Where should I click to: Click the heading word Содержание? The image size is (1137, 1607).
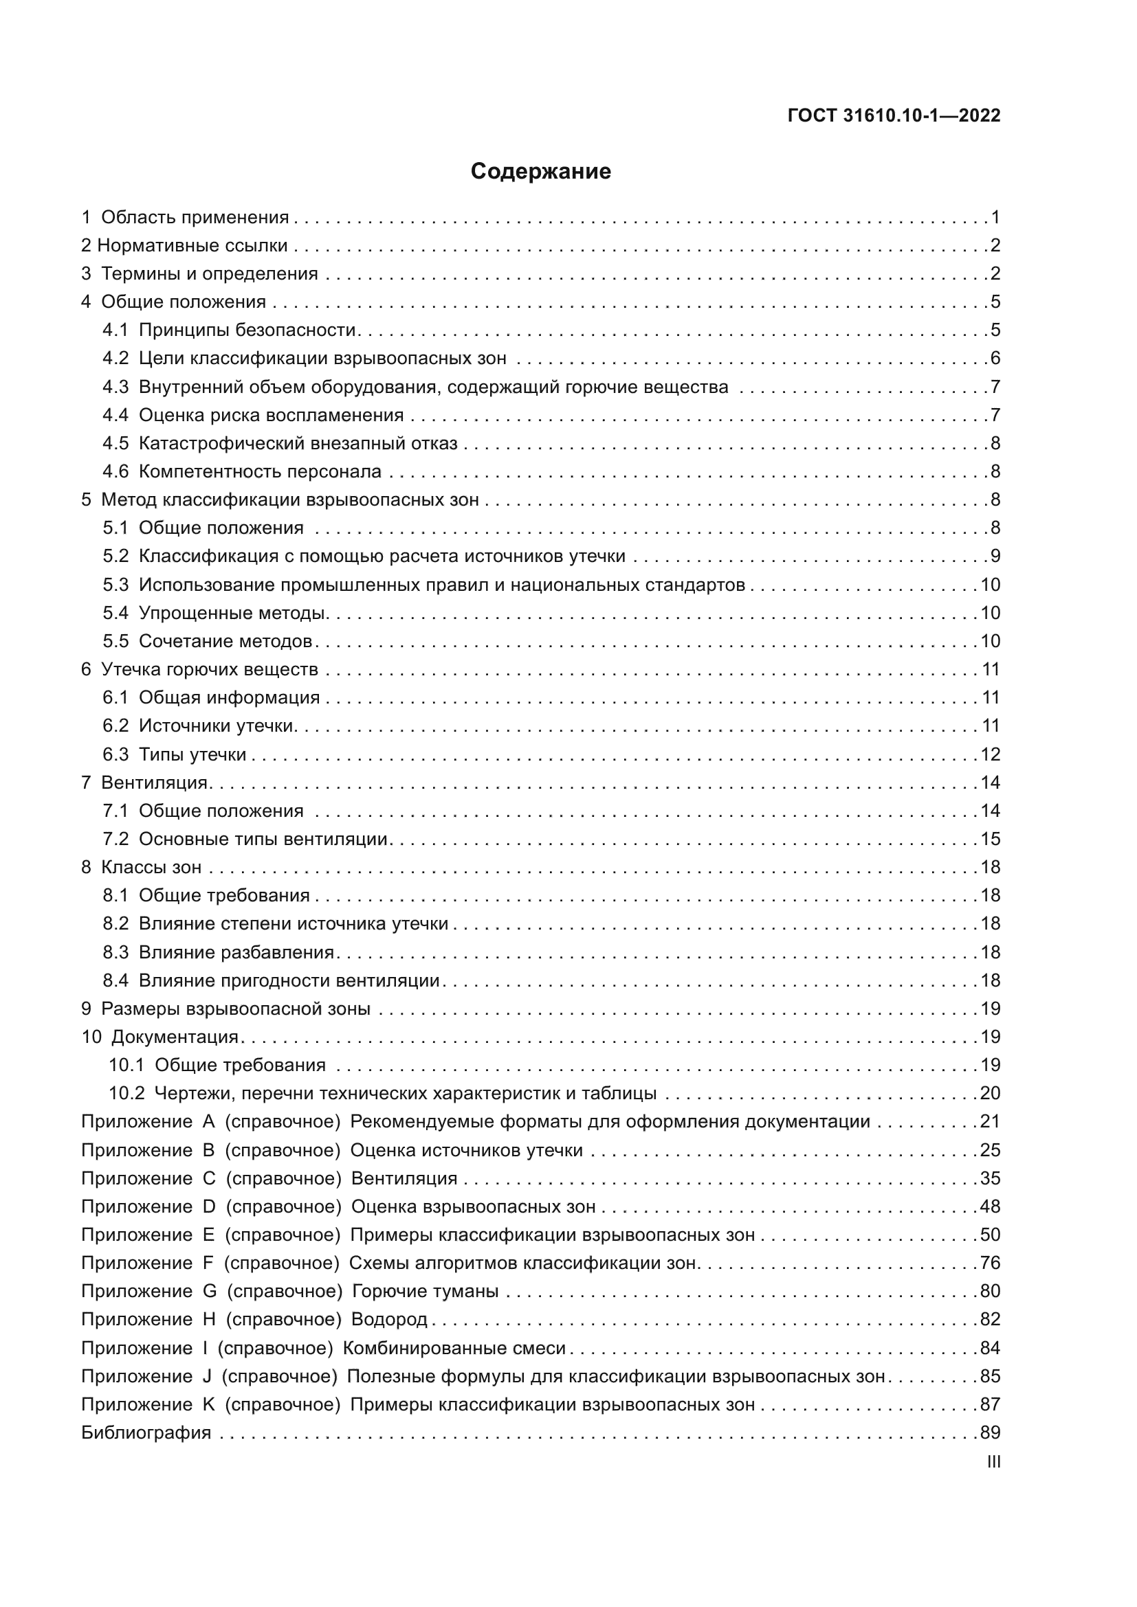click(540, 172)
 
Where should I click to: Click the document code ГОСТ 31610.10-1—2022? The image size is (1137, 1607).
click(894, 115)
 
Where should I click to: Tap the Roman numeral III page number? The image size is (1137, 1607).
click(993, 1462)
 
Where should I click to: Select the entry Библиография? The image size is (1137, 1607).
click(146, 1432)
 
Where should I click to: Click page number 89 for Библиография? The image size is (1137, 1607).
click(990, 1432)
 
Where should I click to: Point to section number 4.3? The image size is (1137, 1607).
click(115, 387)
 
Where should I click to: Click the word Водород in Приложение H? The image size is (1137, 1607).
click(388, 1319)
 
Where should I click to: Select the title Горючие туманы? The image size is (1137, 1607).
click(425, 1292)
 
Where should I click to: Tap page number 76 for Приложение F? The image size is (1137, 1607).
click(990, 1263)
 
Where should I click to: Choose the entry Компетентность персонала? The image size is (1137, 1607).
click(260, 472)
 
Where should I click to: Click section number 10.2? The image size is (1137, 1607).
click(126, 1093)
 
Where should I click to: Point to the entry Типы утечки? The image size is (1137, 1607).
click(192, 754)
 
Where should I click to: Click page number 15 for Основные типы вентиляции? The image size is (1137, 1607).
click(990, 839)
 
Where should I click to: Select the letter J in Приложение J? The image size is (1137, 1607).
click(206, 1376)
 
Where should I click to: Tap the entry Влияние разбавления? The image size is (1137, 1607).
click(236, 952)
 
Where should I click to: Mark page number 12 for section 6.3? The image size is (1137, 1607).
click(990, 754)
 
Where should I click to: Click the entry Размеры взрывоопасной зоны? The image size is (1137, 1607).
click(235, 1009)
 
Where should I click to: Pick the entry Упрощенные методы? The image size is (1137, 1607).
click(232, 613)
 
